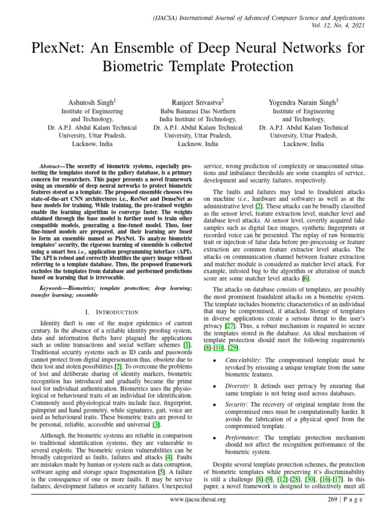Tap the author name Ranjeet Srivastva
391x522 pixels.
click(x=197, y=102)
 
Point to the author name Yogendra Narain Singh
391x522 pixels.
click(x=302, y=102)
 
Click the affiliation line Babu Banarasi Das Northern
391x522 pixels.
click(x=198, y=111)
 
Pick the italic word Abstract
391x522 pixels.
click(x=50, y=167)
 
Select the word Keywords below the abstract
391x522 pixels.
click(x=53, y=288)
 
